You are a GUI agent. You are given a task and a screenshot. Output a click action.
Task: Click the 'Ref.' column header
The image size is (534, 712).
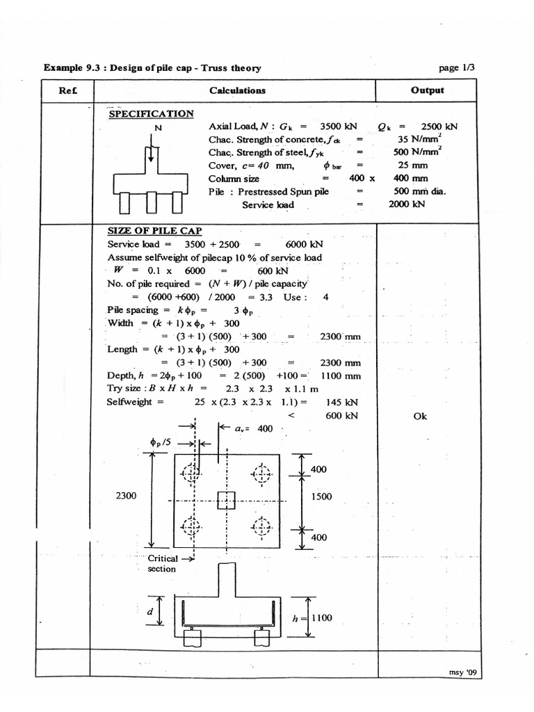click(x=67, y=90)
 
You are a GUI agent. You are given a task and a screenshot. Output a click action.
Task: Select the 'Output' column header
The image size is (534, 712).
click(x=427, y=90)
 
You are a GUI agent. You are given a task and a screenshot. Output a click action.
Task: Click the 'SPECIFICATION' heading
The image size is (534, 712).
click(x=151, y=113)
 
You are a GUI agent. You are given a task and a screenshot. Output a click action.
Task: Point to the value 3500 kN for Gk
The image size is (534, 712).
click(x=338, y=127)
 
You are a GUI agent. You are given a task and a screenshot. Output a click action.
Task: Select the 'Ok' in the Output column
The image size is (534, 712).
click(x=419, y=416)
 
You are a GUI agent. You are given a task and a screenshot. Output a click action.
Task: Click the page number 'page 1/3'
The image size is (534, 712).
click(x=458, y=67)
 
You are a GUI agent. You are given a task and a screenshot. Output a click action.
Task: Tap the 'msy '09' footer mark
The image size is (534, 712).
click(x=464, y=672)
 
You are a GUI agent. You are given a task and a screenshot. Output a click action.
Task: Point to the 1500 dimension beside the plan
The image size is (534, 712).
click(x=321, y=496)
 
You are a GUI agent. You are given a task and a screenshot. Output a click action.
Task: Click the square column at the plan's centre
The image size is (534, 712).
click(x=227, y=500)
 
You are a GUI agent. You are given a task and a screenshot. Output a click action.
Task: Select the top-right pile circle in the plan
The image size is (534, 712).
click(x=261, y=474)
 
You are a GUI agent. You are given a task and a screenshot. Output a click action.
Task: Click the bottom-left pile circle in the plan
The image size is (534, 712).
click(x=191, y=526)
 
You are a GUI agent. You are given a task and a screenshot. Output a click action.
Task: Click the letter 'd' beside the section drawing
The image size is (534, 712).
click(x=149, y=611)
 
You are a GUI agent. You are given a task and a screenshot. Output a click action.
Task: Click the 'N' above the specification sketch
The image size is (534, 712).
click(x=158, y=128)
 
